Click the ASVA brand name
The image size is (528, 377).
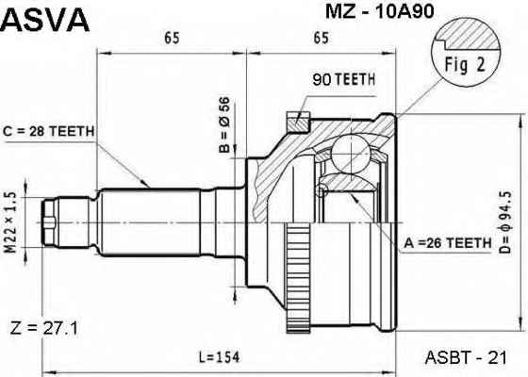click(45, 20)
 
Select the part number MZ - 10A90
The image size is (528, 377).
click(379, 11)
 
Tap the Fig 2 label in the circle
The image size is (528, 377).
click(465, 64)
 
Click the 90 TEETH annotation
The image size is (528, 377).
click(343, 79)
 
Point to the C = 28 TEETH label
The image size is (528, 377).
click(48, 131)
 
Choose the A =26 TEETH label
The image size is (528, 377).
click(448, 243)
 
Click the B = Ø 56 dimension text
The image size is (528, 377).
click(224, 124)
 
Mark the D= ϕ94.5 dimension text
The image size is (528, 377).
click(505, 222)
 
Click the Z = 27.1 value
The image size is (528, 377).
click(43, 329)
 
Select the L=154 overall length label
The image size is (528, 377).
click(219, 357)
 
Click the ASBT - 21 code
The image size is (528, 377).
click(466, 357)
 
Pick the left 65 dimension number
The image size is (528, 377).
click(172, 38)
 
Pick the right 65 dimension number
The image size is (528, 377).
click(321, 38)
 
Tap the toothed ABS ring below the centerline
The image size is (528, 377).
click(298, 279)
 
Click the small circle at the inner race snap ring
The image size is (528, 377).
click(322, 190)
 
